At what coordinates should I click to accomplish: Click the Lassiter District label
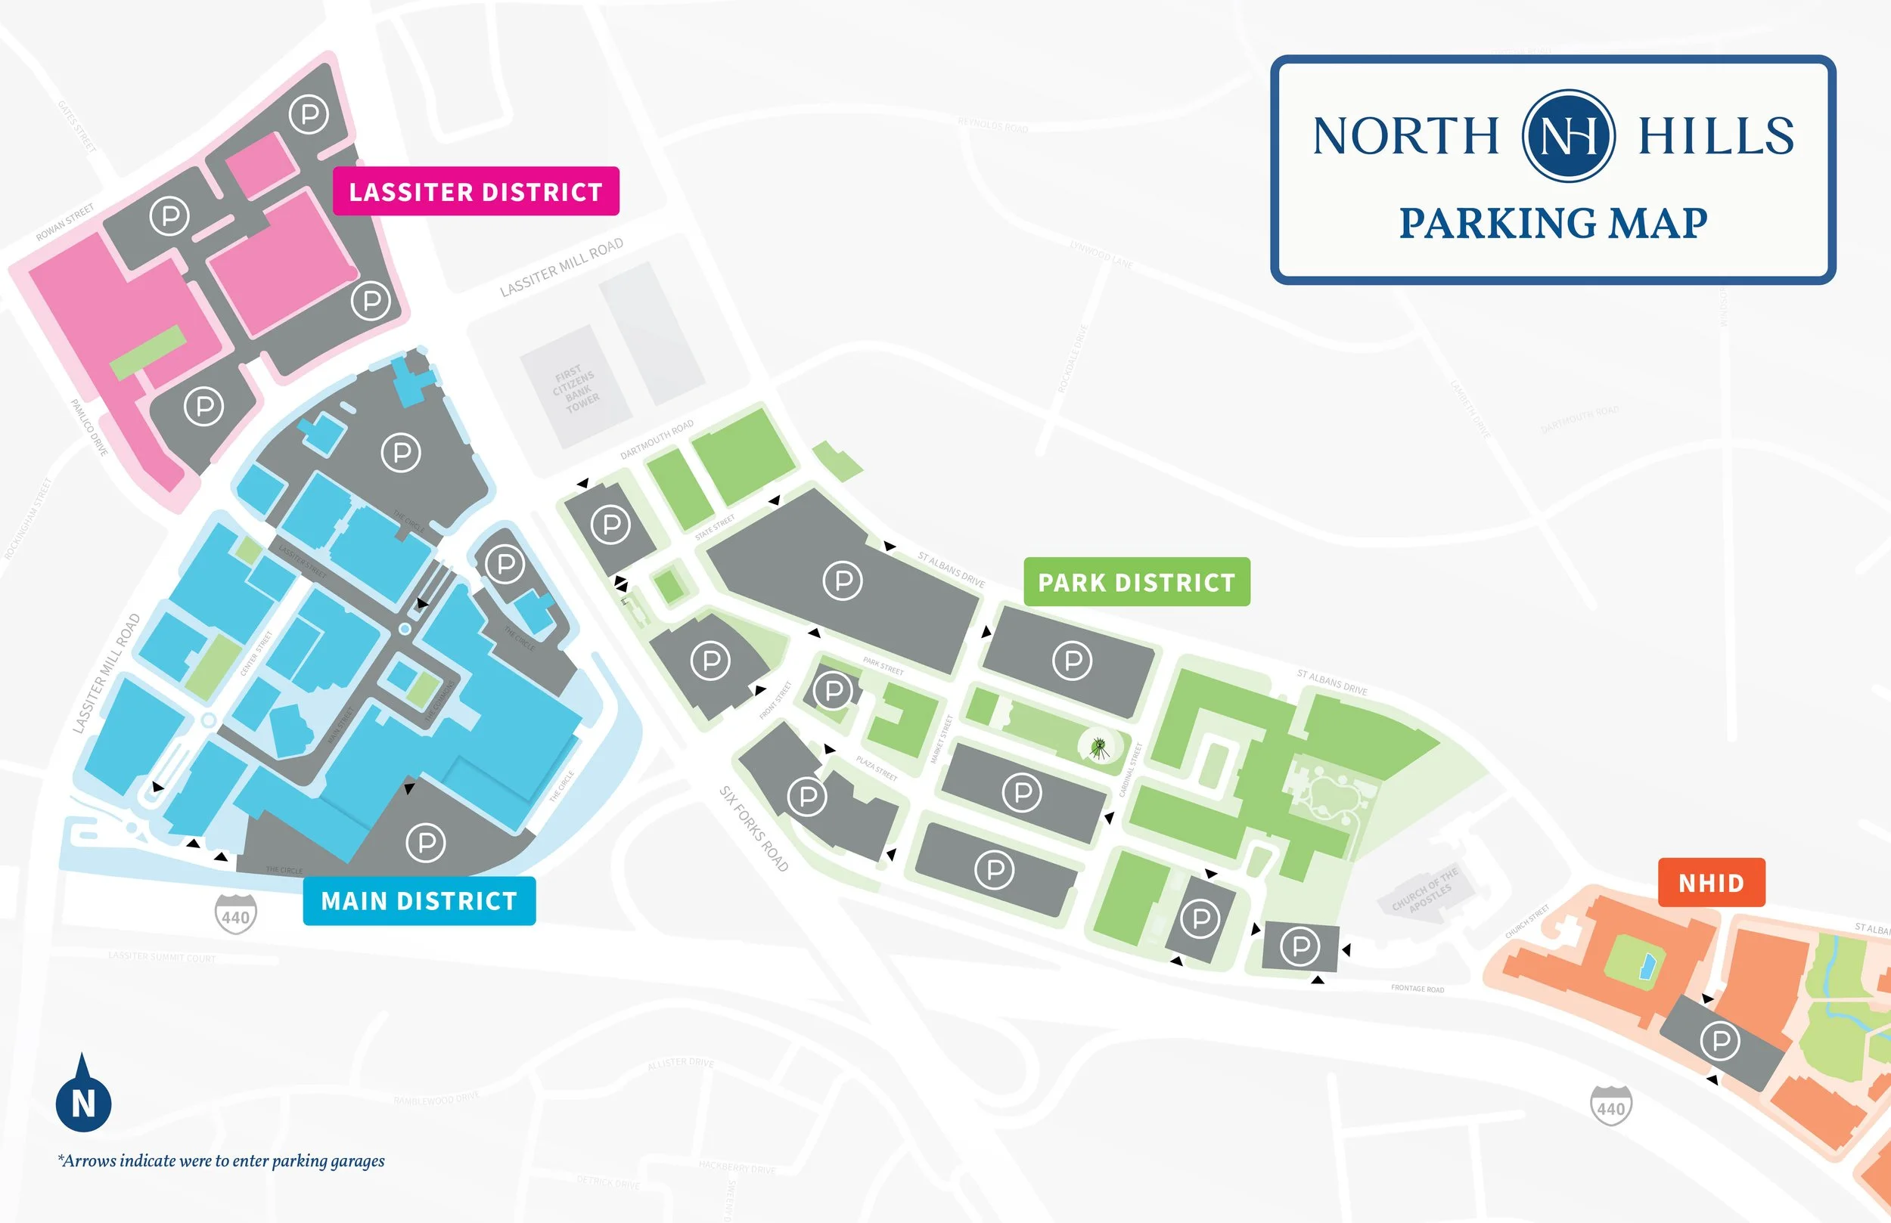pos(475,191)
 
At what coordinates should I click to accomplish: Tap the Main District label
pos(419,900)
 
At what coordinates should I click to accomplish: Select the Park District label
pos(1136,582)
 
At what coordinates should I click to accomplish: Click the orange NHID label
pos(1711,882)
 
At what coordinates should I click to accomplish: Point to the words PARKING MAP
pos(1553,222)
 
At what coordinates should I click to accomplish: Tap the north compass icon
pos(83,1097)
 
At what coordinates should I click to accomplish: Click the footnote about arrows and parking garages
pos(221,1161)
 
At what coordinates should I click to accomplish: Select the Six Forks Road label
pos(753,828)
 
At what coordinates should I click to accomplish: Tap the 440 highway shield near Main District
pos(235,914)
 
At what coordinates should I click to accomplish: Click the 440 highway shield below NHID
pos(1610,1106)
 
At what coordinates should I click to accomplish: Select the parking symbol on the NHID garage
pos(1719,1040)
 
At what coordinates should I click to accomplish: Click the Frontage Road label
pos(1417,989)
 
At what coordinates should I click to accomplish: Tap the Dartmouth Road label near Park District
pos(657,439)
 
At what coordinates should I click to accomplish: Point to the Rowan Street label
pos(65,221)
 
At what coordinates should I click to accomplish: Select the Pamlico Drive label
pos(89,427)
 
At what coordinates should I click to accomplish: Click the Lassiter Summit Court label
pos(162,957)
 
